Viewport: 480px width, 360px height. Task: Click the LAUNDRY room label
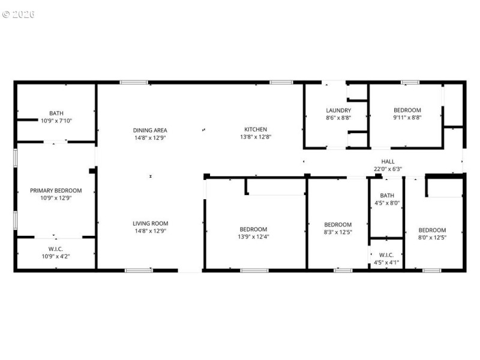338,110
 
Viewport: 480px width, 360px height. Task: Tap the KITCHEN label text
255,130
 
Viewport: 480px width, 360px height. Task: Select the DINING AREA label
150,130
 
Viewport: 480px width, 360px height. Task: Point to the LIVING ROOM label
150,224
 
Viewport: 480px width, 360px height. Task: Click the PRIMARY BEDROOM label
56,191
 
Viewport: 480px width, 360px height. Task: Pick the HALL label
388,161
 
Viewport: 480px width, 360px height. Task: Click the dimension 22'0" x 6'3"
388,169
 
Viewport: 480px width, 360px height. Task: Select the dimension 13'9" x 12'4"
253,237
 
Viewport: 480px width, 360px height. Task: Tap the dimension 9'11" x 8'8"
407,118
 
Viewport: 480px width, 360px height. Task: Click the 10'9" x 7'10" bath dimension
56,121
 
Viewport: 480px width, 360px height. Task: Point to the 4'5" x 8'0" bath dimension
387,203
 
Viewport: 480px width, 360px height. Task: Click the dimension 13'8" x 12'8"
255,137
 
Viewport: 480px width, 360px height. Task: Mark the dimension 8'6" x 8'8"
338,118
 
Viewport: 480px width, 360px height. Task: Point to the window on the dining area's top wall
133,82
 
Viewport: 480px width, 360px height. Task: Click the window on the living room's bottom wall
139,271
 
